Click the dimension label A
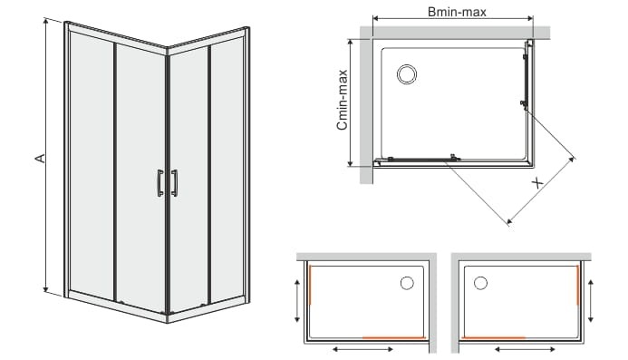tap(40, 159)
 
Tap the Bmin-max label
tap(457, 12)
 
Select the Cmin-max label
tap(343, 100)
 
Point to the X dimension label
tap(537, 183)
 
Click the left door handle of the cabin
tap(160, 183)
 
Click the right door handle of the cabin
tap(175, 183)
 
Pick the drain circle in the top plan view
tap(407, 74)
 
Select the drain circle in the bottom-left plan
tap(407, 283)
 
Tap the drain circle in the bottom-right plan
tap(480, 283)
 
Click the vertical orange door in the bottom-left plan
tap(311, 285)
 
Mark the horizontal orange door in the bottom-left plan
tap(393, 338)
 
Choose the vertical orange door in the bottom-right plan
tap(577, 285)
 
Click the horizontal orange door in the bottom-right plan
tap(494, 338)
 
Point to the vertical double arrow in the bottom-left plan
tap(296, 301)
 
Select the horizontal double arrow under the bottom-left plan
tap(362, 350)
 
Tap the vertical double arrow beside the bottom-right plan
tap(591, 301)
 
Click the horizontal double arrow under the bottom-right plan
tap(525, 350)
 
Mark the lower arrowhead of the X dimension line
tap(509, 221)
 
